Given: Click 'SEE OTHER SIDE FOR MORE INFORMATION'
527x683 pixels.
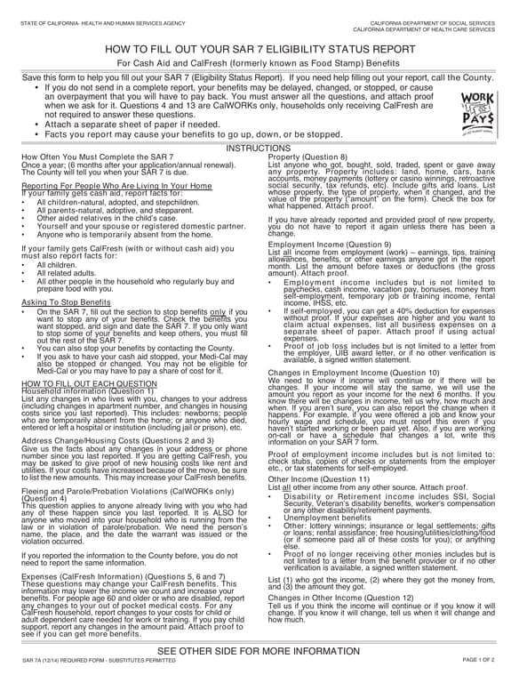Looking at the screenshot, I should coord(263,651).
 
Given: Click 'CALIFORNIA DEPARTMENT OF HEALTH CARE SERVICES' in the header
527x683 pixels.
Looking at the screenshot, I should coord(433,28).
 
